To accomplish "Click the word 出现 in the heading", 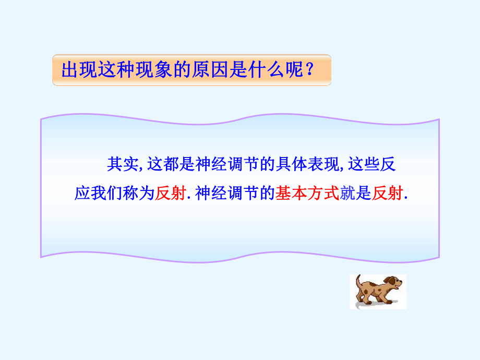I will pyautogui.click(x=78, y=70).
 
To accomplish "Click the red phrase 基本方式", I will pyautogui.click(x=307, y=194).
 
